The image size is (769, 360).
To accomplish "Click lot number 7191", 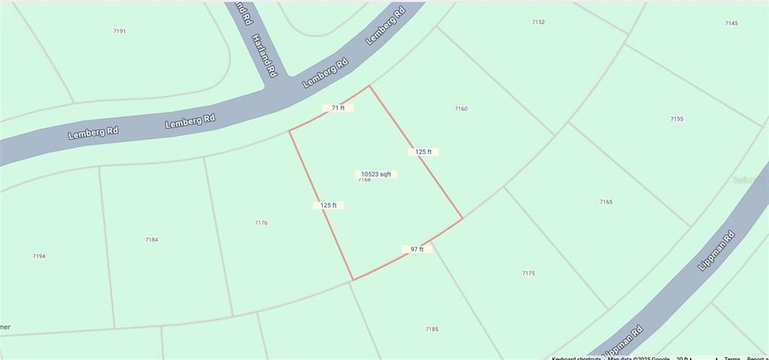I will [120, 32].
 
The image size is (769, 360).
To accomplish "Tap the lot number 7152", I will [538, 23].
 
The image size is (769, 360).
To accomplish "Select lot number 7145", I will [731, 23].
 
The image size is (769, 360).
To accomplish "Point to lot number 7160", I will [461, 109].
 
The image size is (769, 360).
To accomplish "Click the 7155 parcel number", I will [677, 119].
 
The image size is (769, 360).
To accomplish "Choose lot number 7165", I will [606, 201].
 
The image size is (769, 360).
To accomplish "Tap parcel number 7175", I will [528, 273].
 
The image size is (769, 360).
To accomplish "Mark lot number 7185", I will [431, 329].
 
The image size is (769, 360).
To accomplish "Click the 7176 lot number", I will [261, 222].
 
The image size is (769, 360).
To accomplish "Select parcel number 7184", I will [152, 240].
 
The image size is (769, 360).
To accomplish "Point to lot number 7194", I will [39, 256].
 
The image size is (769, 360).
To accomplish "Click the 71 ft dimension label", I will [338, 108].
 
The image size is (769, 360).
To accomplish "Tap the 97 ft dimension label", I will [416, 249].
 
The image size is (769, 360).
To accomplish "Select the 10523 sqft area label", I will [376, 174].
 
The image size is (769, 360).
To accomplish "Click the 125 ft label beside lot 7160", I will [423, 152].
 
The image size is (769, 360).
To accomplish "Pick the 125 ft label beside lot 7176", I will [328, 205].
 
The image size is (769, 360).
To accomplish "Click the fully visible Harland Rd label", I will [265, 56].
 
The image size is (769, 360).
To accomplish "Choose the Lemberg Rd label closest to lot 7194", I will [93, 132].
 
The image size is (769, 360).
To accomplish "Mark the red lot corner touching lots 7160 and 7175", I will [462, 219].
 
